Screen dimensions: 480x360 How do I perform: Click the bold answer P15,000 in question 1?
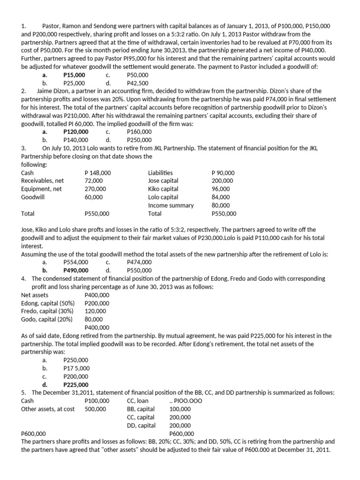(x=74, y=75)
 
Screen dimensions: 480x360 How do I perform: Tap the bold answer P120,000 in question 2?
(x=75, y=132)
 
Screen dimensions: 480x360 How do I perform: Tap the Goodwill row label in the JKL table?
(x=33, y=197)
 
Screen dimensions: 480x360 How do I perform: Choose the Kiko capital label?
(x=163, y=189)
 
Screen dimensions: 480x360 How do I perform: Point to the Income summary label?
(x=171, y=205)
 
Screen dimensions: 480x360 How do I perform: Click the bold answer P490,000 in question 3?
(x=75, y=270)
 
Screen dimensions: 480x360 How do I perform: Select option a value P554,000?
(x=75, y=262)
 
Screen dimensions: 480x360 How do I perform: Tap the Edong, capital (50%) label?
(x=47, y=303)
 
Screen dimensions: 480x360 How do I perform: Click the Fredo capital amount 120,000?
(x=95, y=311)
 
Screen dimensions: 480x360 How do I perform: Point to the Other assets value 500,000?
(x=95, y=409)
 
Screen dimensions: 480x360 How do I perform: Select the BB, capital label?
(x=141, y=409)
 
